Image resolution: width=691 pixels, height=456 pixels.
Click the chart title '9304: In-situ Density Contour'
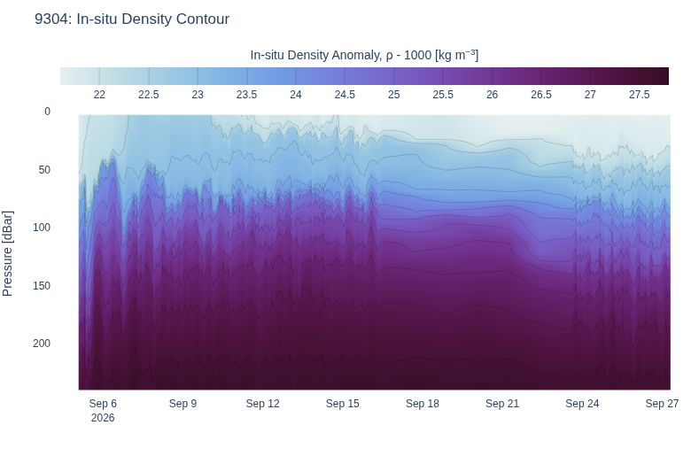[x=132, y=19]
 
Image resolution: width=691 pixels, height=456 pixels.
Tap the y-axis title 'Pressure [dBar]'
[x=7, y=253]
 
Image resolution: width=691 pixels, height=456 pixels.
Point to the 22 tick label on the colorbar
[x=99, y=95]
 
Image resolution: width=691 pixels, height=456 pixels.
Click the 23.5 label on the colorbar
[x=247, y=95]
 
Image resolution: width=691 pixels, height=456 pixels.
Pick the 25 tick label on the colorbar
[x=394, y=95]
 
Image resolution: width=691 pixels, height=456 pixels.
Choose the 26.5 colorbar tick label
[x=541, y=95]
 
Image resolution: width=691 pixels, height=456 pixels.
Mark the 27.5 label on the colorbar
[x=639, y=95]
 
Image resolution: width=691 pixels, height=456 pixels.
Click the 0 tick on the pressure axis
[x=47, y=112]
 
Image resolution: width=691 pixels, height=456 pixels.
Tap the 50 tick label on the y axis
[x=44, y=170]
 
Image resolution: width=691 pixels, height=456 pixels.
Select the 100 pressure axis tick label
[x=42, y=228]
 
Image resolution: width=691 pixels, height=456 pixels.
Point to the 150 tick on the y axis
[x=42, y=285]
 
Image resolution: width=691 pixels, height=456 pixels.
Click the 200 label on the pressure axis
[x=42, y=344]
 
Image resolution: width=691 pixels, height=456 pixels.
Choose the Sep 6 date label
[x=103, y=404]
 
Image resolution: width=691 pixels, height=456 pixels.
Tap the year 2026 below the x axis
[x=103, y=418]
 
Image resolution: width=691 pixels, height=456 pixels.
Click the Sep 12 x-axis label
[x=262, y=404]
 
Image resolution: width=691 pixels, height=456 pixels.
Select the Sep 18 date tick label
[x=423, y=404]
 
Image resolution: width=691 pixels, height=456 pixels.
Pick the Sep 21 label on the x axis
[x=502, y=404]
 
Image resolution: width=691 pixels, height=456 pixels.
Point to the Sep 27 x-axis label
[x=662, y=404]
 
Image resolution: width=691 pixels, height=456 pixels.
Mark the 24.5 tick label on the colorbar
[x=345, y=95]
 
